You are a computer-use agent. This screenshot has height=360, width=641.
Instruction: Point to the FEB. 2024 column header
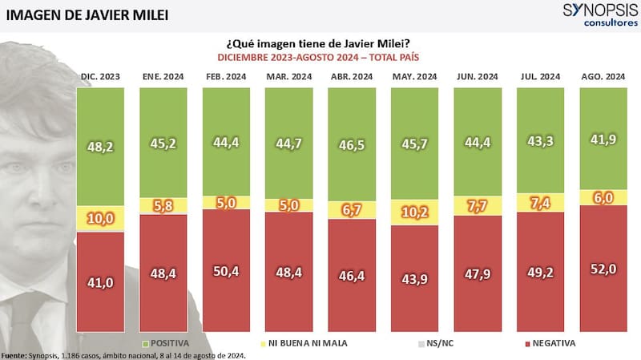click(226, 76)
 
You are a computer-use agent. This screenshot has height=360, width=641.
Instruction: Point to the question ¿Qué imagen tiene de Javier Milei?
click(320, 43)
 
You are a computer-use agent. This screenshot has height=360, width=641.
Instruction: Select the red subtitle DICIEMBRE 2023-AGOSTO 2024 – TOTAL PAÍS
click(320, 58)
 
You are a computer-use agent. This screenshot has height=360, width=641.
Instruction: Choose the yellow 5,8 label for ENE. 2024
click(163, 206)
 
